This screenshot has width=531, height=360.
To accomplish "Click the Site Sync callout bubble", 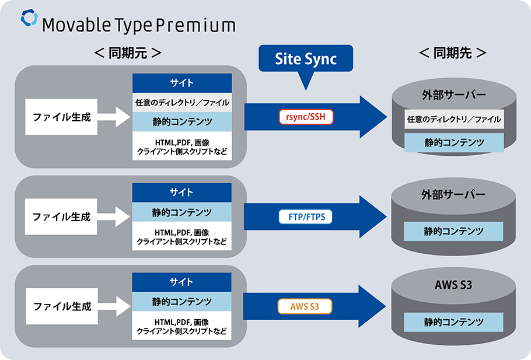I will click(306, 59).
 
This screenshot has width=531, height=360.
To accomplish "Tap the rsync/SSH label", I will click(306, 117).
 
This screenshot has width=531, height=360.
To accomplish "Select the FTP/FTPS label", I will click(306, 218).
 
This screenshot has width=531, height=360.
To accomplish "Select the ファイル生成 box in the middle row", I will click(62, 216).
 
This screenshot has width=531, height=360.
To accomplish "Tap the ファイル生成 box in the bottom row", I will click(62, 306).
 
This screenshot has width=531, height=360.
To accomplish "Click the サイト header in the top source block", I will click(182, 83).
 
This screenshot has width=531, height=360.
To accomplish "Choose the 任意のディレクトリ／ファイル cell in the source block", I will click(182, 103).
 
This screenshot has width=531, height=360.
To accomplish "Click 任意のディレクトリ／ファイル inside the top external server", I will click(453, 120).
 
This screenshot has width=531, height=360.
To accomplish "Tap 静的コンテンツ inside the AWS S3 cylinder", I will click(453, 321).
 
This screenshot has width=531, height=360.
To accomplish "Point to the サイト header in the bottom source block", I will click(182, 282).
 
